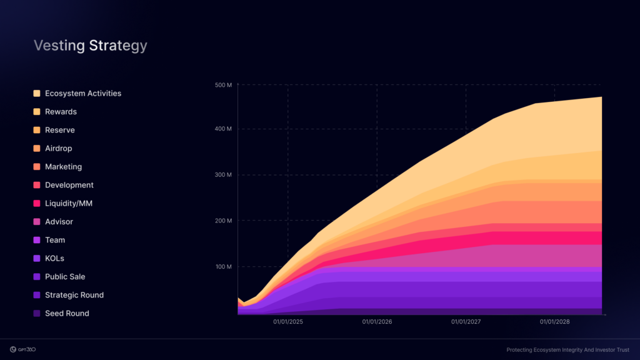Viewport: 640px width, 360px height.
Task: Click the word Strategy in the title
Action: click(118, 46)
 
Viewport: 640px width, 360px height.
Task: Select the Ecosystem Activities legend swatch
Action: click(37, 94)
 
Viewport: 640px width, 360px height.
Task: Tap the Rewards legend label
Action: click(61, 112)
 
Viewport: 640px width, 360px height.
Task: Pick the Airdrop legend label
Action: click(58, 149)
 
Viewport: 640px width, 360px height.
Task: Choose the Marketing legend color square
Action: click(37, 167)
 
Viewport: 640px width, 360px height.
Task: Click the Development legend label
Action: click(69, 185)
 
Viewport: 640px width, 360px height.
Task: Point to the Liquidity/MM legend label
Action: click(69, 204)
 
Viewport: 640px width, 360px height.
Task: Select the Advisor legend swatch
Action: click(37, 222)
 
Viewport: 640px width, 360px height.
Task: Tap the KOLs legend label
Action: click(54, 259)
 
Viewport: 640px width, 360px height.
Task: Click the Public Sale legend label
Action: click(65, 277)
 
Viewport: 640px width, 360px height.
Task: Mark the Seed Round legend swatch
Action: click(37, 314)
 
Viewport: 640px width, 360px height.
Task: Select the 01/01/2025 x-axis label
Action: click(288, 322)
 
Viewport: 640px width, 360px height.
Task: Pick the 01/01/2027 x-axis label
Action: click(466, 322)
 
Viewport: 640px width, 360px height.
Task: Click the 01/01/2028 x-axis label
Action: click(555, 322)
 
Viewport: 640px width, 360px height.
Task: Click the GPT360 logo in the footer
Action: click(23, 349)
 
